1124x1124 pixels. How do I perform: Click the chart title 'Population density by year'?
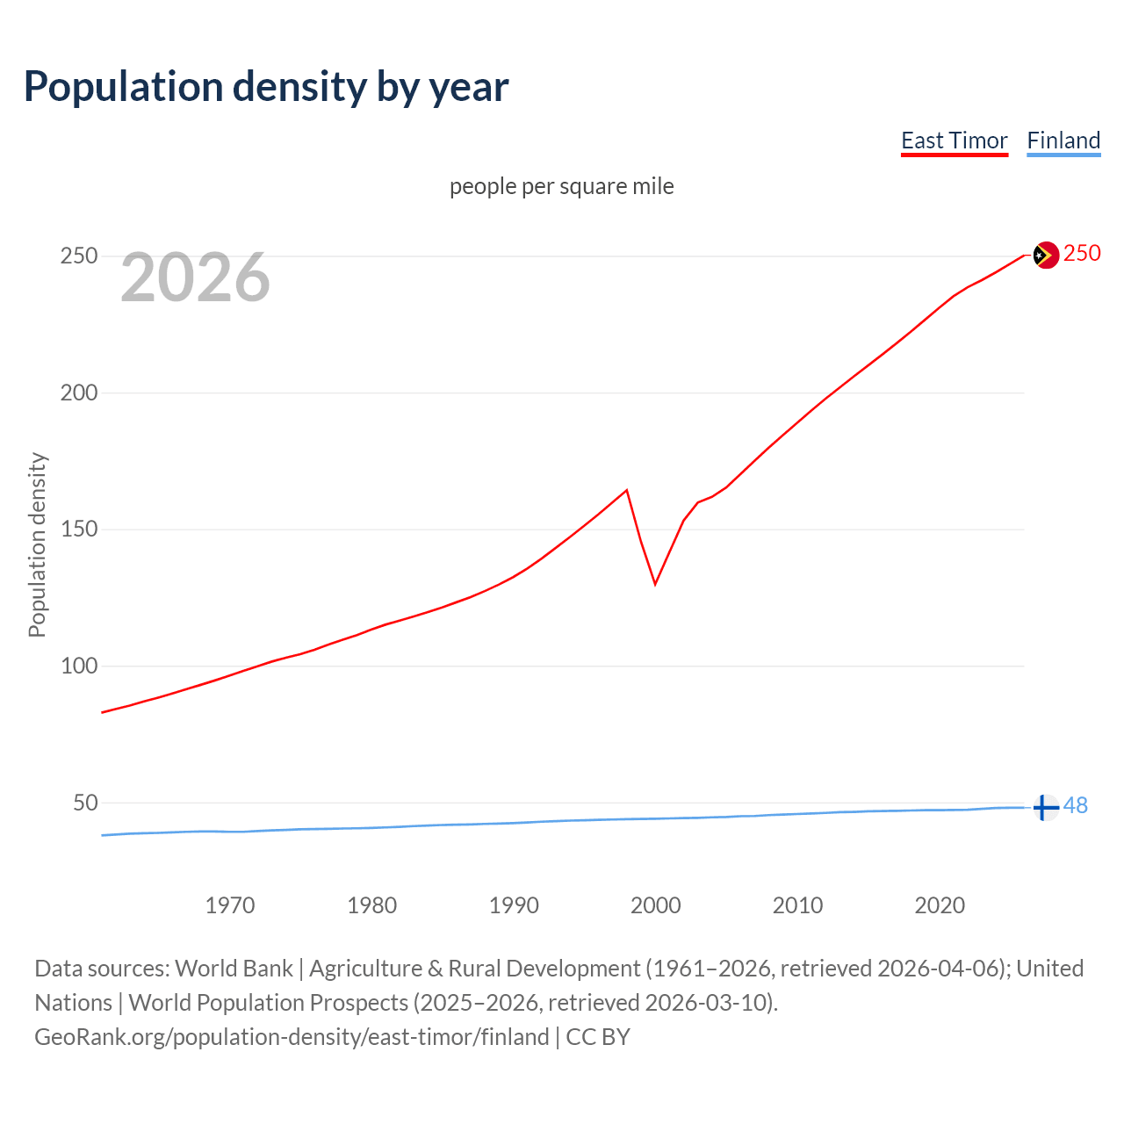click(x=266, y=87)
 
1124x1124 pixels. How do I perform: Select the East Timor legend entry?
click(x=954, y=140)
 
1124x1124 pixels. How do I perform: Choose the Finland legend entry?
click(x=1063, y=140)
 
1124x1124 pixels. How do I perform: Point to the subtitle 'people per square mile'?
click(x=561, y=186)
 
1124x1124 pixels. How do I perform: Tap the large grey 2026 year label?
click(x=195, y=277)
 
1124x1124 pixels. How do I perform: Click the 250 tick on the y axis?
click(x=78, y=256)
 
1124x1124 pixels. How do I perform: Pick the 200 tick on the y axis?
click(x=78, y=393)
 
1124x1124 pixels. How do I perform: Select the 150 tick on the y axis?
click(x=78, y=530)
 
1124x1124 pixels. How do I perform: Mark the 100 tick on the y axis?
click(x=78, y=666)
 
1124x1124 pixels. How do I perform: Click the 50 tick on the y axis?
click(x=84, y=803)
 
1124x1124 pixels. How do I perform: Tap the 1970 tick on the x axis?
click(x=230, y=905)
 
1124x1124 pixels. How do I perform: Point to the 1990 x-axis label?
click(x=514, y=905)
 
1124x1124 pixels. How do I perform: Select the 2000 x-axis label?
click(x=656, y=905)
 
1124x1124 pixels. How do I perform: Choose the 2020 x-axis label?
click(x=940, y=905)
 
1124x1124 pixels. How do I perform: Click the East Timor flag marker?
click(x=1045, y=256)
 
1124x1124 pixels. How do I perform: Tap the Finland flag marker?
click(x=1044, y=807)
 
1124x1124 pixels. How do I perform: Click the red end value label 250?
click(x=1082, y=254)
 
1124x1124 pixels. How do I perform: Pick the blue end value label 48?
click(x=1076, y=805)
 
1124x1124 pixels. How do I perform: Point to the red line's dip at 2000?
click(x=655, y=583)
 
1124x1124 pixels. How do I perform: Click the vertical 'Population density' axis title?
click(x=37, y=544)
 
